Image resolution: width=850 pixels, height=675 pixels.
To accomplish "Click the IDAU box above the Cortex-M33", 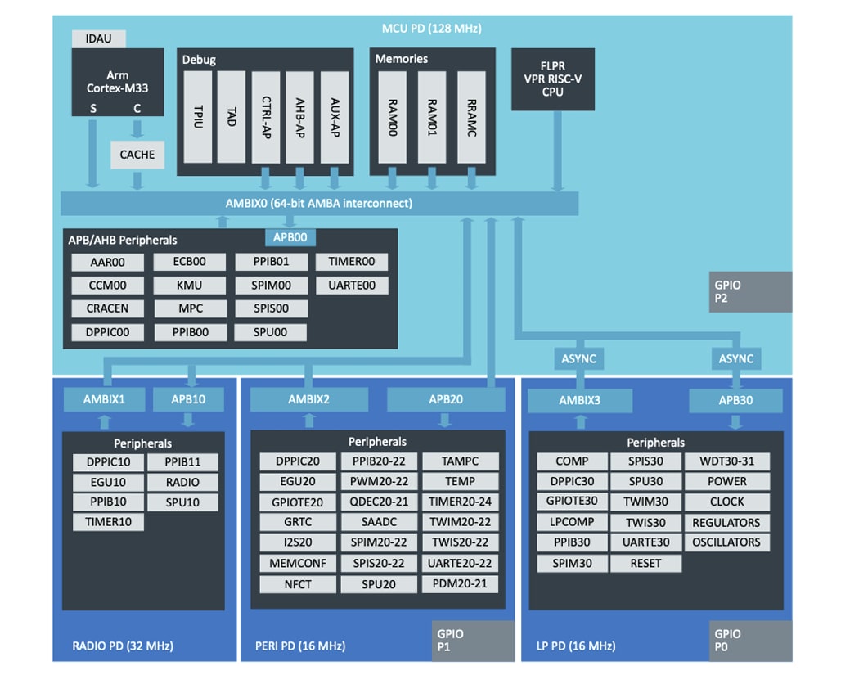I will pyautogui.click(x=99, y=38).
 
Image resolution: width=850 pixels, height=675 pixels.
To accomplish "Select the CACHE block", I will pyautogui.click(x=137, y=155).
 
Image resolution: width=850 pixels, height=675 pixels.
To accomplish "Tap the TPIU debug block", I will pyautogui.click(x=197, y=116).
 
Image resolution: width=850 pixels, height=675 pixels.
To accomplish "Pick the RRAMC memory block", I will pyautogui.click(x=471, y=116).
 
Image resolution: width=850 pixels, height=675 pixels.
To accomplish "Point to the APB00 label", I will pyautogui.click(x=290, y=237).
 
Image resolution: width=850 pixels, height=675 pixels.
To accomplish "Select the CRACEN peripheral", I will pyautogui.click(x=107, y=308).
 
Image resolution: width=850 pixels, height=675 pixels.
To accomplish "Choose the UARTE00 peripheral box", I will pyautogui.click(x=352, y=286).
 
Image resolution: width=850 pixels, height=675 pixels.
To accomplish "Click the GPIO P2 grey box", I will pyautogui.click(x=750, y=292).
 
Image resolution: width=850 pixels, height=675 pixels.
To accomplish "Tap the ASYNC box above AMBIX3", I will pyautogui.click(x=578, y=358).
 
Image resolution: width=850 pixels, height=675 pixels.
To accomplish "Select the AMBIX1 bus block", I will pyautogui.click(x=103, y=399).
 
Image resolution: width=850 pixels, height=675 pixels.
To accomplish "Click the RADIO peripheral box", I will pyautogui.click(x=182, y=482).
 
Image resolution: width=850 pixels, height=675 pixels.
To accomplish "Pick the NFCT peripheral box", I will pyautogui.click(x=297, y=584).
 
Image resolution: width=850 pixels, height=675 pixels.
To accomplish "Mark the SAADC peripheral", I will pyautogui.click(x=378, y=522).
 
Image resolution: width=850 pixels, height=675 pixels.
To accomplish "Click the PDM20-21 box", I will pyautogui.click(x=459, y=583).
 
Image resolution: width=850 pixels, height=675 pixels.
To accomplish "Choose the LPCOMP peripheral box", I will pyautogui.click(x=572, y=522).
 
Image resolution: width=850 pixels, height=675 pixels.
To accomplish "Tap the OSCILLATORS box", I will pyautogui.click(x=726, y=542).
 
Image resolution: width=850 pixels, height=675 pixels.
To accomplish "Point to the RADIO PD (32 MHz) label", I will pyautogui.click(x=118, y=646).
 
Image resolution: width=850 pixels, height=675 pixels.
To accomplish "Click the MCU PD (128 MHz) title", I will pyautogui.click(x=431, y=29).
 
